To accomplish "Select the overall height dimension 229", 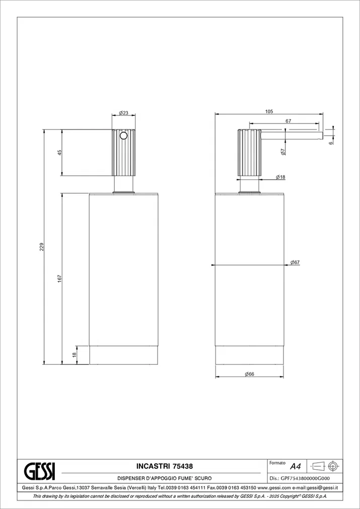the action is tap(41, 247).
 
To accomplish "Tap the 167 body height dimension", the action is tap(59, 279).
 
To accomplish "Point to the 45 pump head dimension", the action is tap(59, 153).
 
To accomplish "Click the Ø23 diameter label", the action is tap(123, 113).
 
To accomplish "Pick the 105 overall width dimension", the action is tap(269, 111).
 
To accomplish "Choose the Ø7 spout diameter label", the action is tap(283, 151).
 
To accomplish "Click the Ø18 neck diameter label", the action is tap(280, 177).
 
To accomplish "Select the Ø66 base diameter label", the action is tap(249, 374).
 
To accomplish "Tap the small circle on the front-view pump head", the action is tap(123, 136).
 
